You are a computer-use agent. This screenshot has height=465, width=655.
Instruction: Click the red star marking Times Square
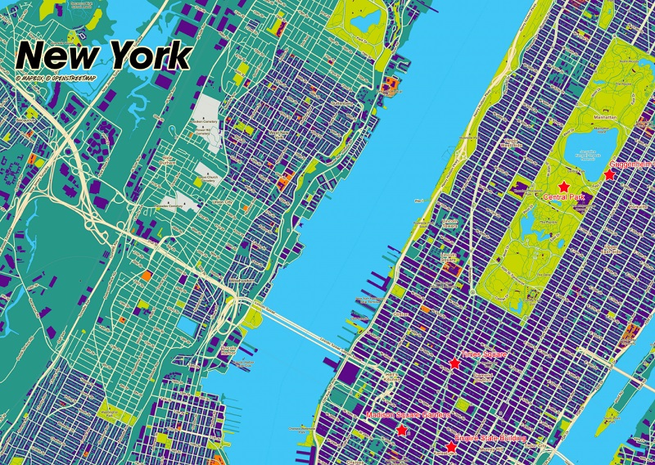[454, 363]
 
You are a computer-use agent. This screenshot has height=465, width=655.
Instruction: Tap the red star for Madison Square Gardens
[401, 430]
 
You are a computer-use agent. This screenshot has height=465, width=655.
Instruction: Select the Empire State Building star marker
[450, 447]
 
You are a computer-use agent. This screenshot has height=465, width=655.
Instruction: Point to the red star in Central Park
[563, 187]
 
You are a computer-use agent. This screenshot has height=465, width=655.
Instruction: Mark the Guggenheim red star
[609, 174]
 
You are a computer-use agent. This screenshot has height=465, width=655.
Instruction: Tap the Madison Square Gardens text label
[409, 416]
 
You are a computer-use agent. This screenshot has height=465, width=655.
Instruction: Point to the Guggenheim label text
[630, 164]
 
